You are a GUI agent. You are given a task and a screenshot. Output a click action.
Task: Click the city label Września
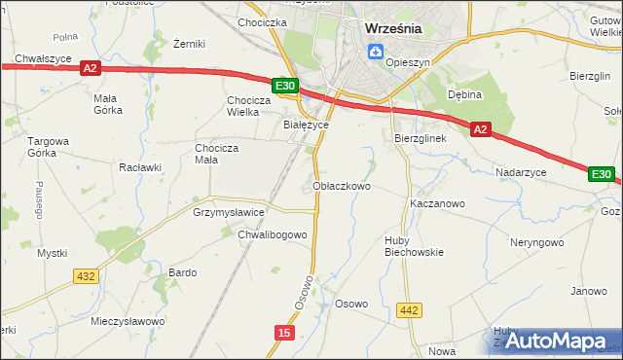(x=393, y=28)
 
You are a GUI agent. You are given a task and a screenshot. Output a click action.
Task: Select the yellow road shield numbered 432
(x=86, y=276)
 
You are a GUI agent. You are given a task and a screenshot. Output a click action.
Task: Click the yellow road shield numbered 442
(x=410, y=310)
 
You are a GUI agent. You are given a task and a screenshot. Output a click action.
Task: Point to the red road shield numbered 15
(x=283, y=333)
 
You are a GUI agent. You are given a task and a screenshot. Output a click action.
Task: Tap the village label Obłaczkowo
(x=342, y=185)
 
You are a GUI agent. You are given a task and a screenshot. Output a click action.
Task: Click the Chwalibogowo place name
(x=273, y=234)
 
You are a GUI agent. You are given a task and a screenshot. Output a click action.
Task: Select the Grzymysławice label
(x=229, y=211)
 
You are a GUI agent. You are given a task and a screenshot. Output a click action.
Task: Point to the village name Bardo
(x=183, y=272)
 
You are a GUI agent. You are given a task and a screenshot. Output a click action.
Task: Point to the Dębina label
(x=465, y=94)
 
